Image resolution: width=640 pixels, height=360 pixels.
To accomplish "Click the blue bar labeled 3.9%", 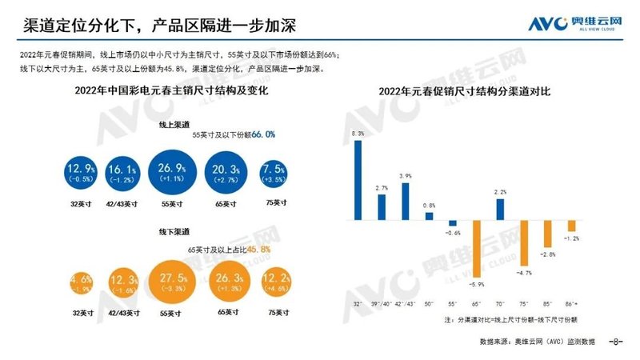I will (x=406, y=202).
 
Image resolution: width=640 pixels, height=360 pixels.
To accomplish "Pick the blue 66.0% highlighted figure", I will (x=263, y=136).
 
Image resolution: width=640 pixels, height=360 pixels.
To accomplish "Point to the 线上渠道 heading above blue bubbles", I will (x=174, y=125).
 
